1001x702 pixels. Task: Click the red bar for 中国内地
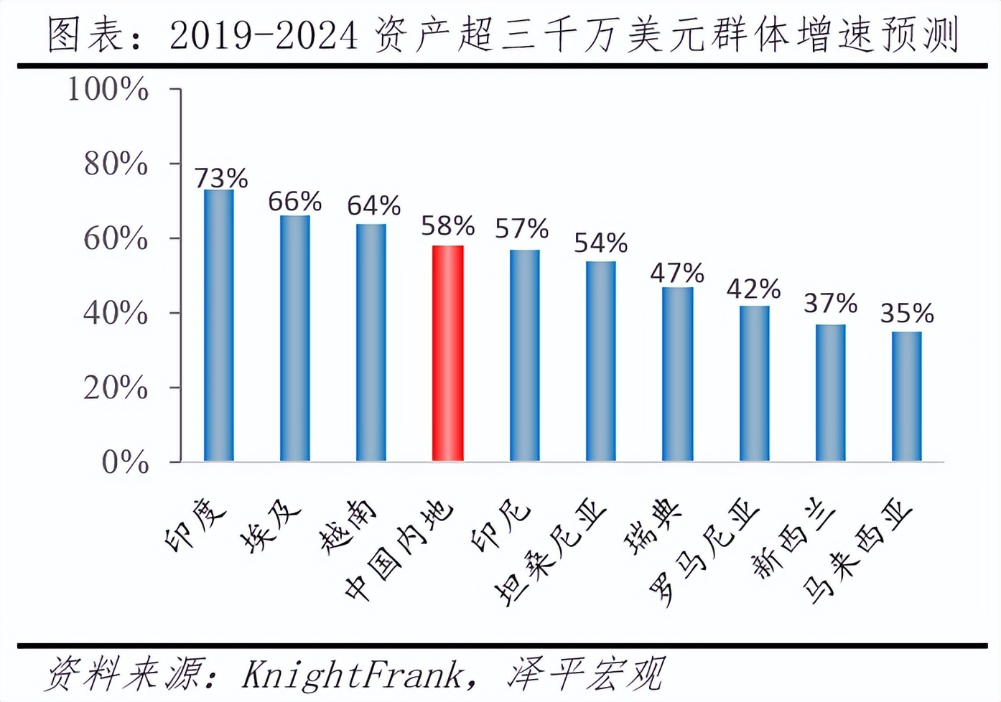pos(447,353)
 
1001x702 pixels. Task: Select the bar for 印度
pos(219,325)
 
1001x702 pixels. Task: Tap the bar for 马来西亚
pos(906,396)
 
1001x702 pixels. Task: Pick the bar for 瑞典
pos(677,374)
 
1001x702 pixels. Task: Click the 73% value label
pos(221,177)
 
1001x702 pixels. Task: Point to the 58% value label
pos(447,226)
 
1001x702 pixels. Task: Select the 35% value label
pos(907,313)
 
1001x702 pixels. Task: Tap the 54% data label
pos(600,243)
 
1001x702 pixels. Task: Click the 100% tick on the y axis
pos(108,90)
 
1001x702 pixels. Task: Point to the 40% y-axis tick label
pos(116,314)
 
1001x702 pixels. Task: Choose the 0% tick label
pos(125,462)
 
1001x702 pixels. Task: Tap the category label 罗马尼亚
pos(703,551)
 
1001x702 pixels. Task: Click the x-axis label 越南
pos(348,526)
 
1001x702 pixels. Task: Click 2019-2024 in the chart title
pos(264,36)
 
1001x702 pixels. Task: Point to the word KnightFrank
pos(352,675)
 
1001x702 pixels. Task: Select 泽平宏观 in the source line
pos(585,675)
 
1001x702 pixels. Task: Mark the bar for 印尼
pos(524,355)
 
